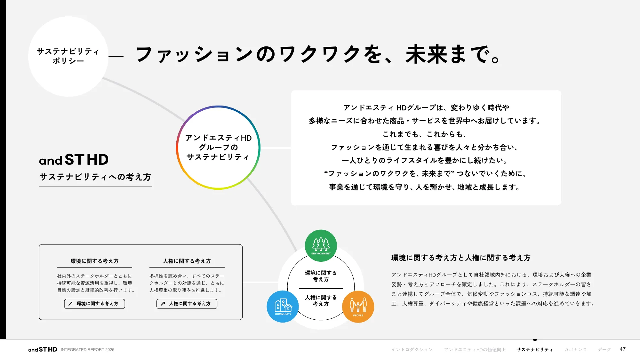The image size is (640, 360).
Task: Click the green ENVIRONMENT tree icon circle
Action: (x=321, y=245)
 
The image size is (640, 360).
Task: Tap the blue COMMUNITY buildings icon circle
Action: (x=283, y=306)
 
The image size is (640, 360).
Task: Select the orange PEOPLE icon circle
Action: (x=358, y=306)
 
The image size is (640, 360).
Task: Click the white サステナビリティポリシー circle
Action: (x=68, y=56)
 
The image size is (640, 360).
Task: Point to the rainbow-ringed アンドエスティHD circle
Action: (x=218, y=148)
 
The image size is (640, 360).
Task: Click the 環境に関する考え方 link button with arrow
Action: (x=94, y=304)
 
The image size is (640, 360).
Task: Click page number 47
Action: (x=622, y=349)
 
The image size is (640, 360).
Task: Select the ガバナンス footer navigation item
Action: (x=575, y=349)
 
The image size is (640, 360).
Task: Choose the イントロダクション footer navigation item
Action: (x=412, y=349)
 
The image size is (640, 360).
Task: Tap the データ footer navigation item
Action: (x=604, y=349)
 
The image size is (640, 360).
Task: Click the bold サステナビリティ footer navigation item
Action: (x=534, y=349)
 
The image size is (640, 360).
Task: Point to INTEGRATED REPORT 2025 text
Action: (x=87, y=349)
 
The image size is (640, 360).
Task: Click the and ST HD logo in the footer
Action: (x=43, y=349)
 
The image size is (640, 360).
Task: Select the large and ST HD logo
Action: (x=74, y=160)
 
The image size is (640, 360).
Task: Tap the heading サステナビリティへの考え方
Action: (x=95, y=177)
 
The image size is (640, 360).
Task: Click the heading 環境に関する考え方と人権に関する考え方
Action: (x=461, y=258)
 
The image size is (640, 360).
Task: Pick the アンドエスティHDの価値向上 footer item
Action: (x=475, y=349)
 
